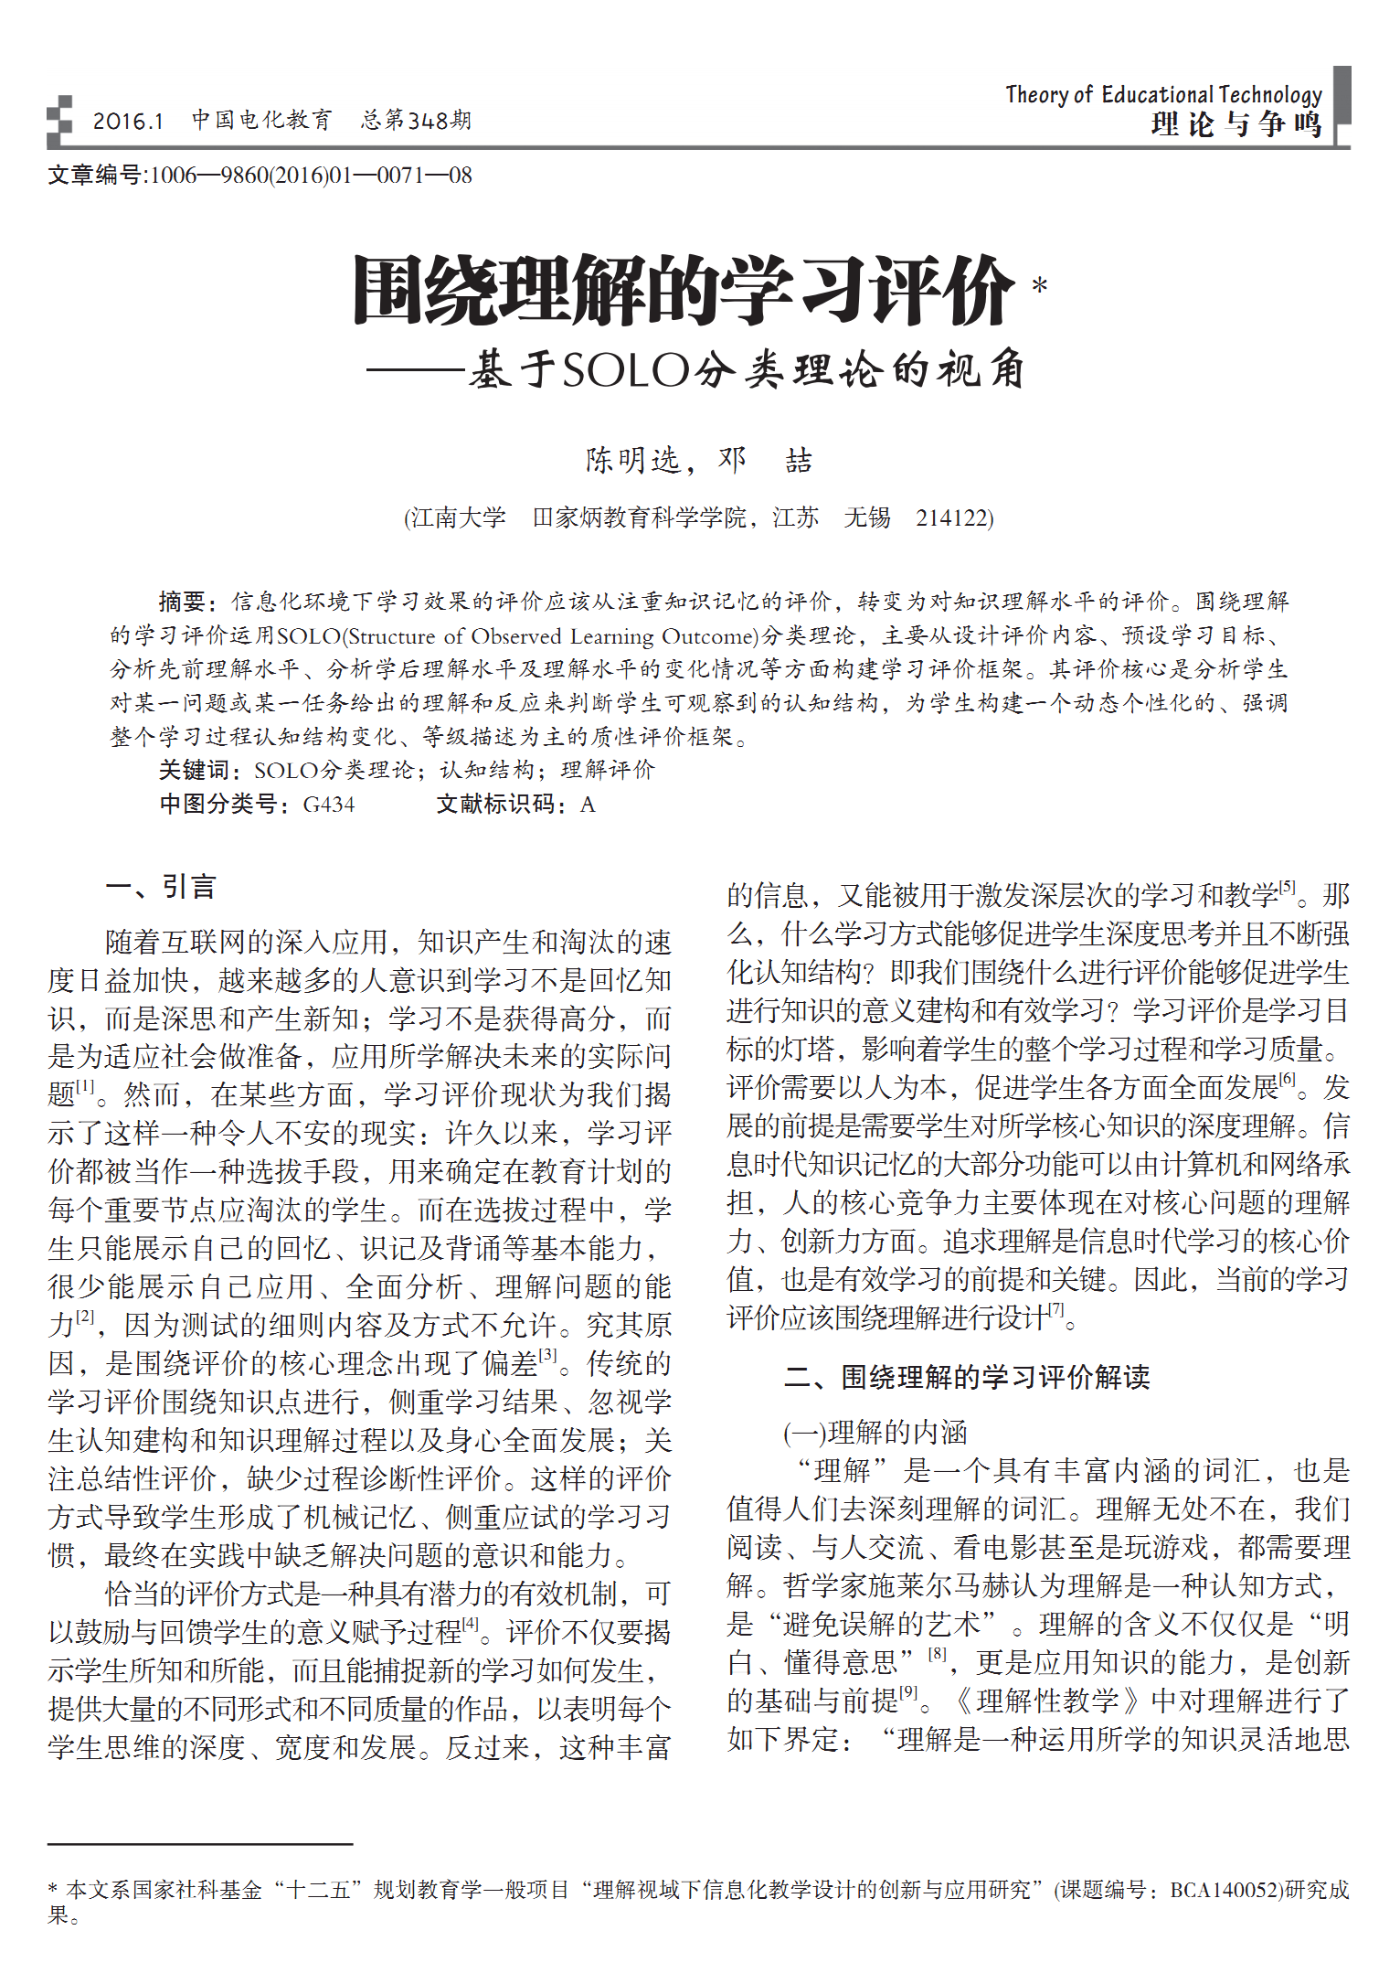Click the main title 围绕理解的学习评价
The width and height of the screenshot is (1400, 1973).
[x=683, y=291]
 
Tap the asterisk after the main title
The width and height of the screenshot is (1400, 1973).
[x=1039, y=286]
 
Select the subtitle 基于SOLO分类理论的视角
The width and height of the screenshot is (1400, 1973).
[x=747, y=370]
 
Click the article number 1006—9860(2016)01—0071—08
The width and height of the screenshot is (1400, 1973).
[x=310, y=175]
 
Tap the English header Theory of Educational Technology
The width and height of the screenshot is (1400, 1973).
[x=1162, y=94]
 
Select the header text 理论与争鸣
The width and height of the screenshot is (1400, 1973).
[x=1236, y=123]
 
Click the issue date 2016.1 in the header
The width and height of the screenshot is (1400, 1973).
[x=127, y=121]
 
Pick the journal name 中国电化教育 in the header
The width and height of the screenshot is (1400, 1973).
[x=261, y=120]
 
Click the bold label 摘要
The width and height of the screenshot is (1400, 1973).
[x=183, y=602]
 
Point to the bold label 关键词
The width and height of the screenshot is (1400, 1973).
[x=194, y=770]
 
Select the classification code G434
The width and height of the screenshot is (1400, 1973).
[x=328, y=805]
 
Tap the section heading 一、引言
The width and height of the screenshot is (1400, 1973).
[x=161, y=887]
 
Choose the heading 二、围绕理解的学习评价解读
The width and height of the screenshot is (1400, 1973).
[x=967, y=1377]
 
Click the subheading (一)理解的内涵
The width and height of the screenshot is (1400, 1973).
[x=875, y=1432]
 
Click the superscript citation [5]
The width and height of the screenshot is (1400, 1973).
[x=1287, y=886]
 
